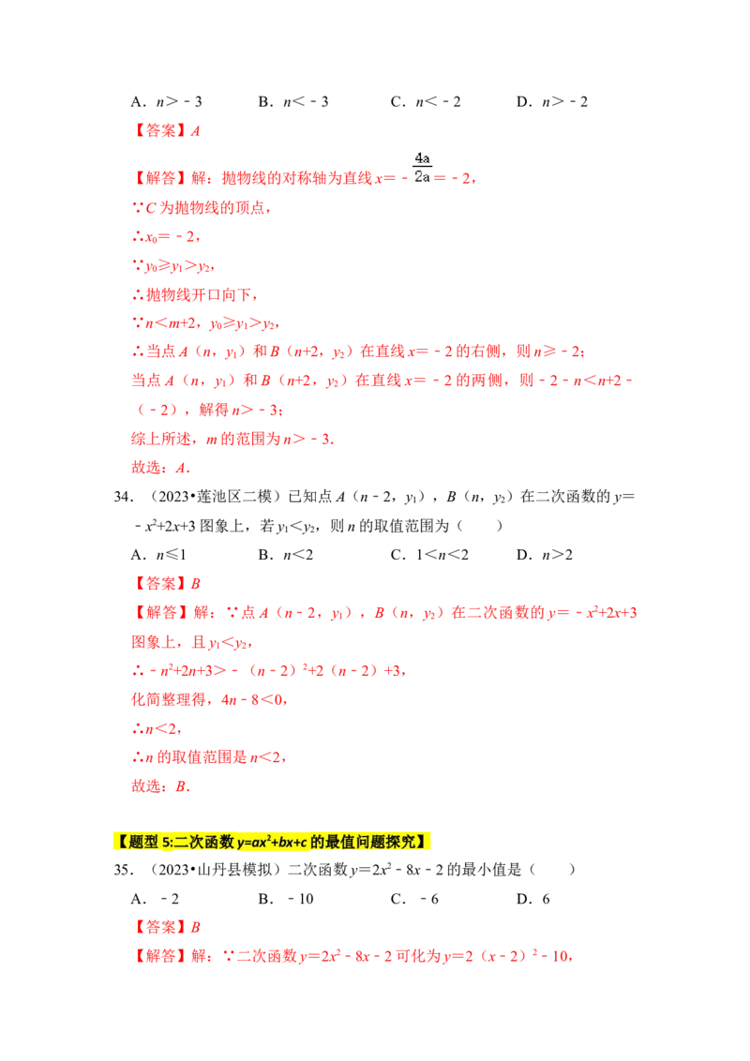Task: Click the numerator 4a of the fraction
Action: click(420, 157)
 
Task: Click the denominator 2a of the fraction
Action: click(420, 176)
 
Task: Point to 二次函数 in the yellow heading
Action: click(204, 841)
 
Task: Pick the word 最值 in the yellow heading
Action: click(338, 841)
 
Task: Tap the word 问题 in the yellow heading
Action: click(367, 841)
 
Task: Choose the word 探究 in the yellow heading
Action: click(399, 841)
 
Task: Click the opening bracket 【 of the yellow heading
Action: click(121, 841)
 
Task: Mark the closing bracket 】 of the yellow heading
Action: click(426, 841)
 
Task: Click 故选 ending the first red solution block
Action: click(145, 469)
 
